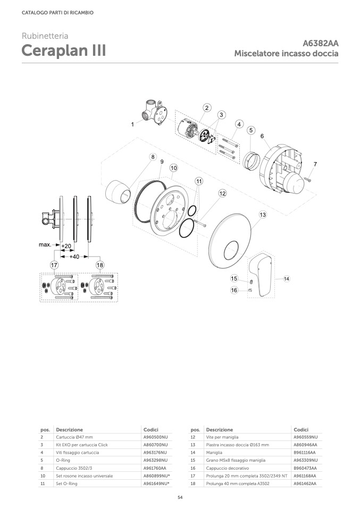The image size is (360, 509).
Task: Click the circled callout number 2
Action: [x=207, y=108]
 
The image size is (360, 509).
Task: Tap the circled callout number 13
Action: [x=263, y=215]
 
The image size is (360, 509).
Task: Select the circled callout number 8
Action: [x=153, y=157]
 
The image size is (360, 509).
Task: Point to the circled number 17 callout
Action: [x=54, y=265]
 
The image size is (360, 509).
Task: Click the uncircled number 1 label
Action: [x=132, y=124]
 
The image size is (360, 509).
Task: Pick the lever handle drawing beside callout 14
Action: [x=262, y=274]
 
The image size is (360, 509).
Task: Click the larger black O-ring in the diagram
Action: [x=186, y=228]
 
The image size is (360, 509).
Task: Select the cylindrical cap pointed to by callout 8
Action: [x=118, y=192]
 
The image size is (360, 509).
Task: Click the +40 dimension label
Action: [x=74, y=257]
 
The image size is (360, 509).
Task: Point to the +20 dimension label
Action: [x=66, y=246]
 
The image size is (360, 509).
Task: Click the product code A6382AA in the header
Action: [x=320, y=43]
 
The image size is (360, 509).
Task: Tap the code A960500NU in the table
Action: [x=156, y=437]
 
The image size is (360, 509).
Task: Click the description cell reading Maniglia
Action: [x=214, y=453]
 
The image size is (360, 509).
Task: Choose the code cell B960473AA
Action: [x=305, y=468]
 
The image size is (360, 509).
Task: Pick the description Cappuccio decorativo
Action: [x=228, y=468]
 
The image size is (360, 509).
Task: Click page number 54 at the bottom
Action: [x=180, y=497]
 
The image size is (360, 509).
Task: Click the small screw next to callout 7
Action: [x=308, y=178]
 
